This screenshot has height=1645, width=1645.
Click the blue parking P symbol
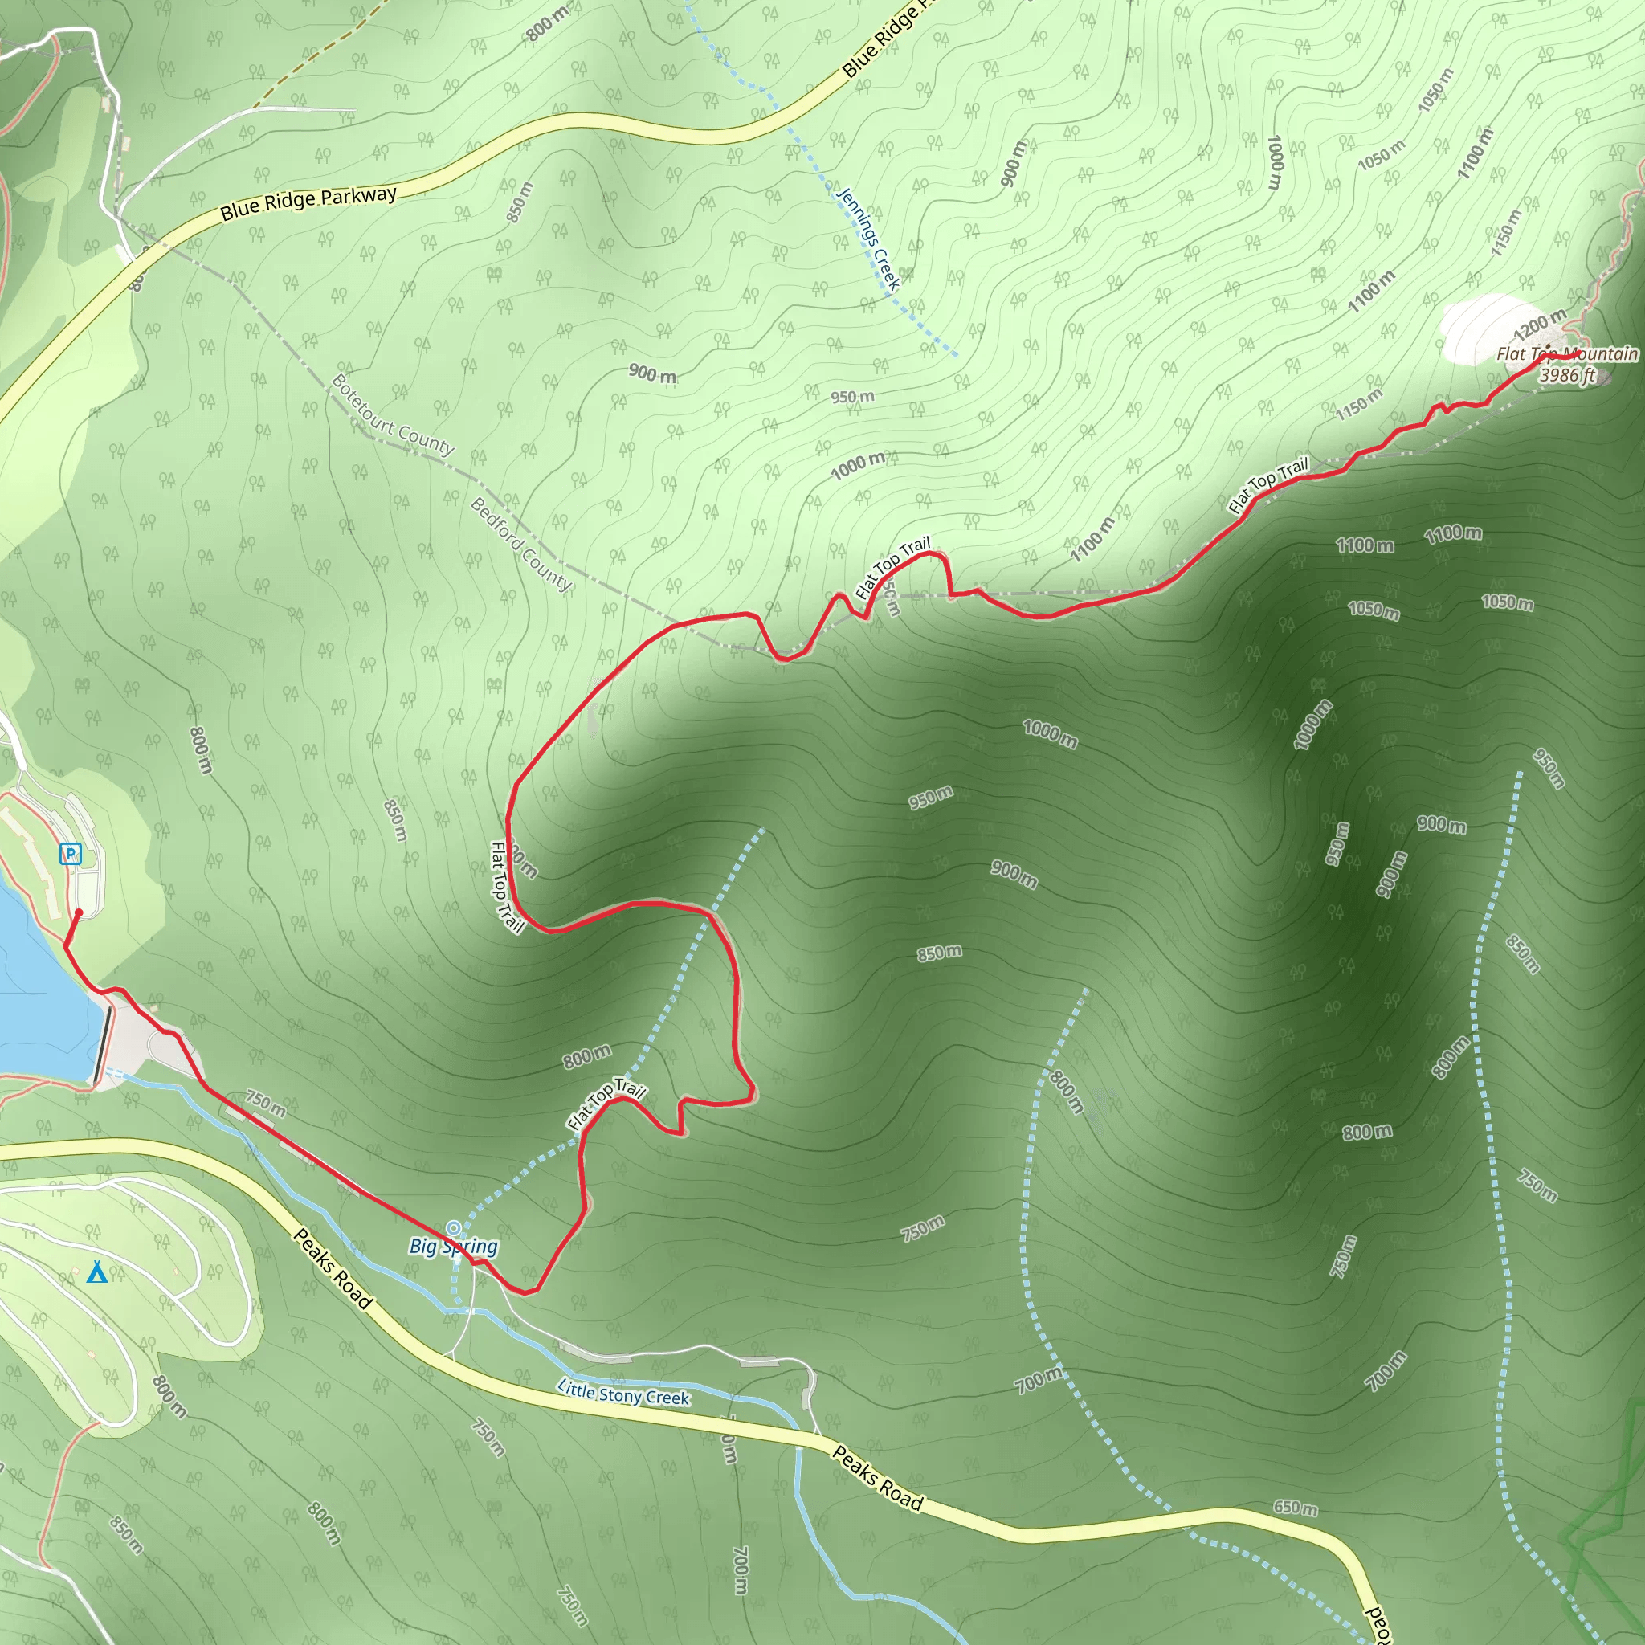[x=71, y=853]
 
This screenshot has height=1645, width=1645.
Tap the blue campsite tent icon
[x=97, y=1272]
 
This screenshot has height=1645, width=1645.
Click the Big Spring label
[x=453, y=1247]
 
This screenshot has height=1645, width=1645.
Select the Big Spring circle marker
[x=454, y=1228]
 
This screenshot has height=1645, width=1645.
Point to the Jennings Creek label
[x=867, y=239]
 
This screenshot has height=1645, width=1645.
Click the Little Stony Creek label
[x=623, y=1393]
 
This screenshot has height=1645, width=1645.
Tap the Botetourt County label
[x=393, y=414]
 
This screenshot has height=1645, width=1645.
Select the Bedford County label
[x=521, y=544]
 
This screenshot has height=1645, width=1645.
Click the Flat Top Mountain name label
[x=1566, y=353]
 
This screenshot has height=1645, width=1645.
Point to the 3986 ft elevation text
[x=1566, y=374]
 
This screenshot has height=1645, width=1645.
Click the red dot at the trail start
[x=79, y=912]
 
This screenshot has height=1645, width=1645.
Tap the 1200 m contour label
[x=1540, y=325]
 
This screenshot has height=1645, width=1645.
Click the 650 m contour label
[x=1295, y=1508]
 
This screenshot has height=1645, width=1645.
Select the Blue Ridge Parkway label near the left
[x=308, y=202]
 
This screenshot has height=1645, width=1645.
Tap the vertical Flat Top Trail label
[x=507, y=887]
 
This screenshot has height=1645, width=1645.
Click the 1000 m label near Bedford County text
[x=857, y=465]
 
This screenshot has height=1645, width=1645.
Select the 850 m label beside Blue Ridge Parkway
[x=520, y=202]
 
